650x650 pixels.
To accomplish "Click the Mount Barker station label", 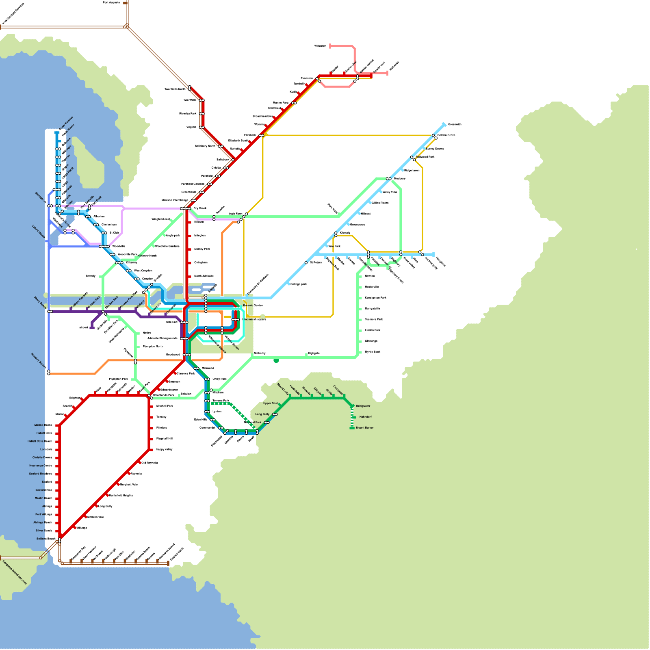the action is (364, 428).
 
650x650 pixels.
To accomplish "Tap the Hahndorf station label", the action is (365, 417).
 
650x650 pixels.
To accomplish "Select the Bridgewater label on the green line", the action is (363, 406).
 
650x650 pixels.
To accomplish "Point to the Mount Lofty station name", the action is (283, 389).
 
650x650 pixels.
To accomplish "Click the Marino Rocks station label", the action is (43, 425).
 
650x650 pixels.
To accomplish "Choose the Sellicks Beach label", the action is (45, 539).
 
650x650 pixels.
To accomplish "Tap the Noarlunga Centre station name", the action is (41, 466).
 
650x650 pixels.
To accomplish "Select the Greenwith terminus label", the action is (455, 124).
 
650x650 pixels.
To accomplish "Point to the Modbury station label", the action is (400, 178).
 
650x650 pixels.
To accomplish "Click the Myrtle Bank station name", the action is (373, 352).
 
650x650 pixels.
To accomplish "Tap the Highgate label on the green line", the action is (314, 353).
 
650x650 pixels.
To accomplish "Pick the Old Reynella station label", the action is (149, 463).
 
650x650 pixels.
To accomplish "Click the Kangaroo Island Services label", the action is (15, 572).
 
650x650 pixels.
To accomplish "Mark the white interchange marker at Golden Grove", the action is (435, 136).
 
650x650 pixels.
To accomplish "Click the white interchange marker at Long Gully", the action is (275, 415).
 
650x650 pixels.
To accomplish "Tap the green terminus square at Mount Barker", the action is (352, 428).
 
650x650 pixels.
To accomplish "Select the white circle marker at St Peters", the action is (306, 263).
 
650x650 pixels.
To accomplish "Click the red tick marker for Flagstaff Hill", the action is (151, 439).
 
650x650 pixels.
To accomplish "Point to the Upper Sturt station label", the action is (271, 403).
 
